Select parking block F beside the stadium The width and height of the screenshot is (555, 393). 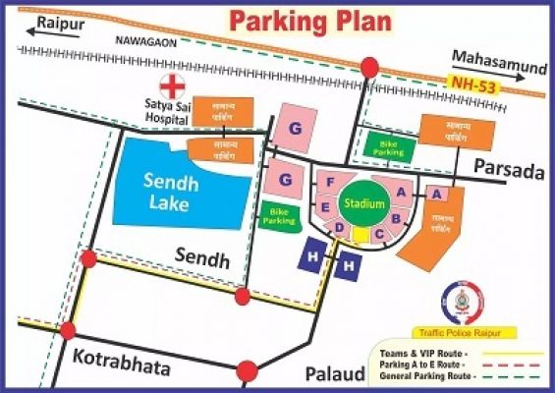[x=331, y=182]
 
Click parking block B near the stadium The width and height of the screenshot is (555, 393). [x=396, y=218]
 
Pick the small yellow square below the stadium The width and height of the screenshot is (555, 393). [x=361, y=235]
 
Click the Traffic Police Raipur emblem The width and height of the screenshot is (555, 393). [x=462, y=303]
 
